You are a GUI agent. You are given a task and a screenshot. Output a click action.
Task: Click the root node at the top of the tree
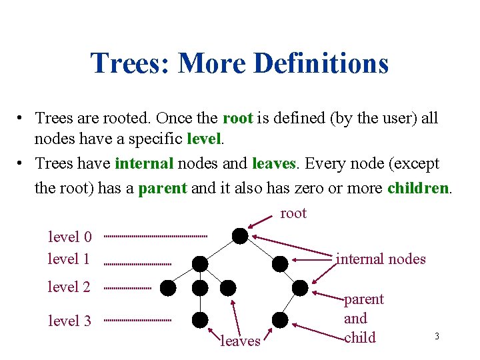coord(240,235)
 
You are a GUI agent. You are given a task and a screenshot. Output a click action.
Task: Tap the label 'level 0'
coord(69,237)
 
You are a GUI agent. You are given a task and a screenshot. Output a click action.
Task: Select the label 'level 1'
coord(69,259)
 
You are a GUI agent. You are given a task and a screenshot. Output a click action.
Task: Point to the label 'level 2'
coord(69,287)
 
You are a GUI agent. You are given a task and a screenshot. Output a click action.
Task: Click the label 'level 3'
coord(69,321)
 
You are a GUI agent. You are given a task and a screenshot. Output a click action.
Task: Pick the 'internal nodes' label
coord(381,259)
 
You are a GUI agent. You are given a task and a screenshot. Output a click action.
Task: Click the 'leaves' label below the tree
coord(240,341)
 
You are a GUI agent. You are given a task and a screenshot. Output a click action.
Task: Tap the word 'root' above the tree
coord(293,213)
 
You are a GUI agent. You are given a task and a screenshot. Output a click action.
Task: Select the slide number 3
coord(437,336)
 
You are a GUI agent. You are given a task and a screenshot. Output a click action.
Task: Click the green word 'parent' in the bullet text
coord(162,188)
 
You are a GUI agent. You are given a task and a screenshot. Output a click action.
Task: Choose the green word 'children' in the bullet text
coord(418,188)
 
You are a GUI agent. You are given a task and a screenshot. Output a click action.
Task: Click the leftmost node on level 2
coord(168,287)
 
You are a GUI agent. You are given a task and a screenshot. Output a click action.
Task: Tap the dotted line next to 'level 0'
coord(155,236)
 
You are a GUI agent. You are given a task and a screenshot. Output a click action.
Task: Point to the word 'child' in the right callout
coord(360,337)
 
